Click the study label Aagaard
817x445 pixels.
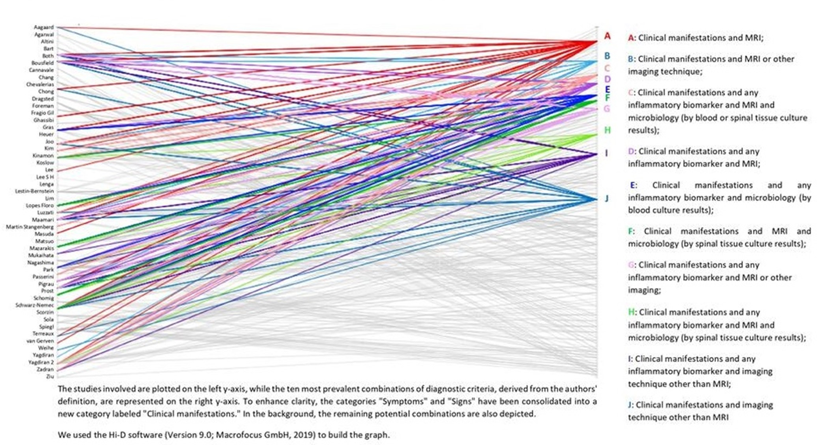click(x=43, y=27)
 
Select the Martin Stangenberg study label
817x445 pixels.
click(x=30, y=227)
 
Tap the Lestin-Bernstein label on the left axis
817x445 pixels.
click(x=34, y=191)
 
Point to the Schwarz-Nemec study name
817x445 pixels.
click(x=34, y=305)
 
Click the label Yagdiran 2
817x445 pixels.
click(x=41, y=362)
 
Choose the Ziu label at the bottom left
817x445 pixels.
click(x=50, y=376)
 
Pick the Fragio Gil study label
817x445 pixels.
click(x=42, y=113)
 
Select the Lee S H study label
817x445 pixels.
click(x=45, y=177)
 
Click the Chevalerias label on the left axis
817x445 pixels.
click(x=40, y=84)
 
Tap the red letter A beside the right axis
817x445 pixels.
click(x=607, y=36)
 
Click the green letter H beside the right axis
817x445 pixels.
click(x=607, y=130)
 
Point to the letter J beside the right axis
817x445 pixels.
click(x=606, y=198)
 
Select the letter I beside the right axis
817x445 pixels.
click(x=606, y=153)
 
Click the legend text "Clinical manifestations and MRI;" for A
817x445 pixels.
click(x=700, y=38)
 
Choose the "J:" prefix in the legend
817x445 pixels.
click(x=631, y=405)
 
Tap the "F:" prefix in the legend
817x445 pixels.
click(x=631, y=231)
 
